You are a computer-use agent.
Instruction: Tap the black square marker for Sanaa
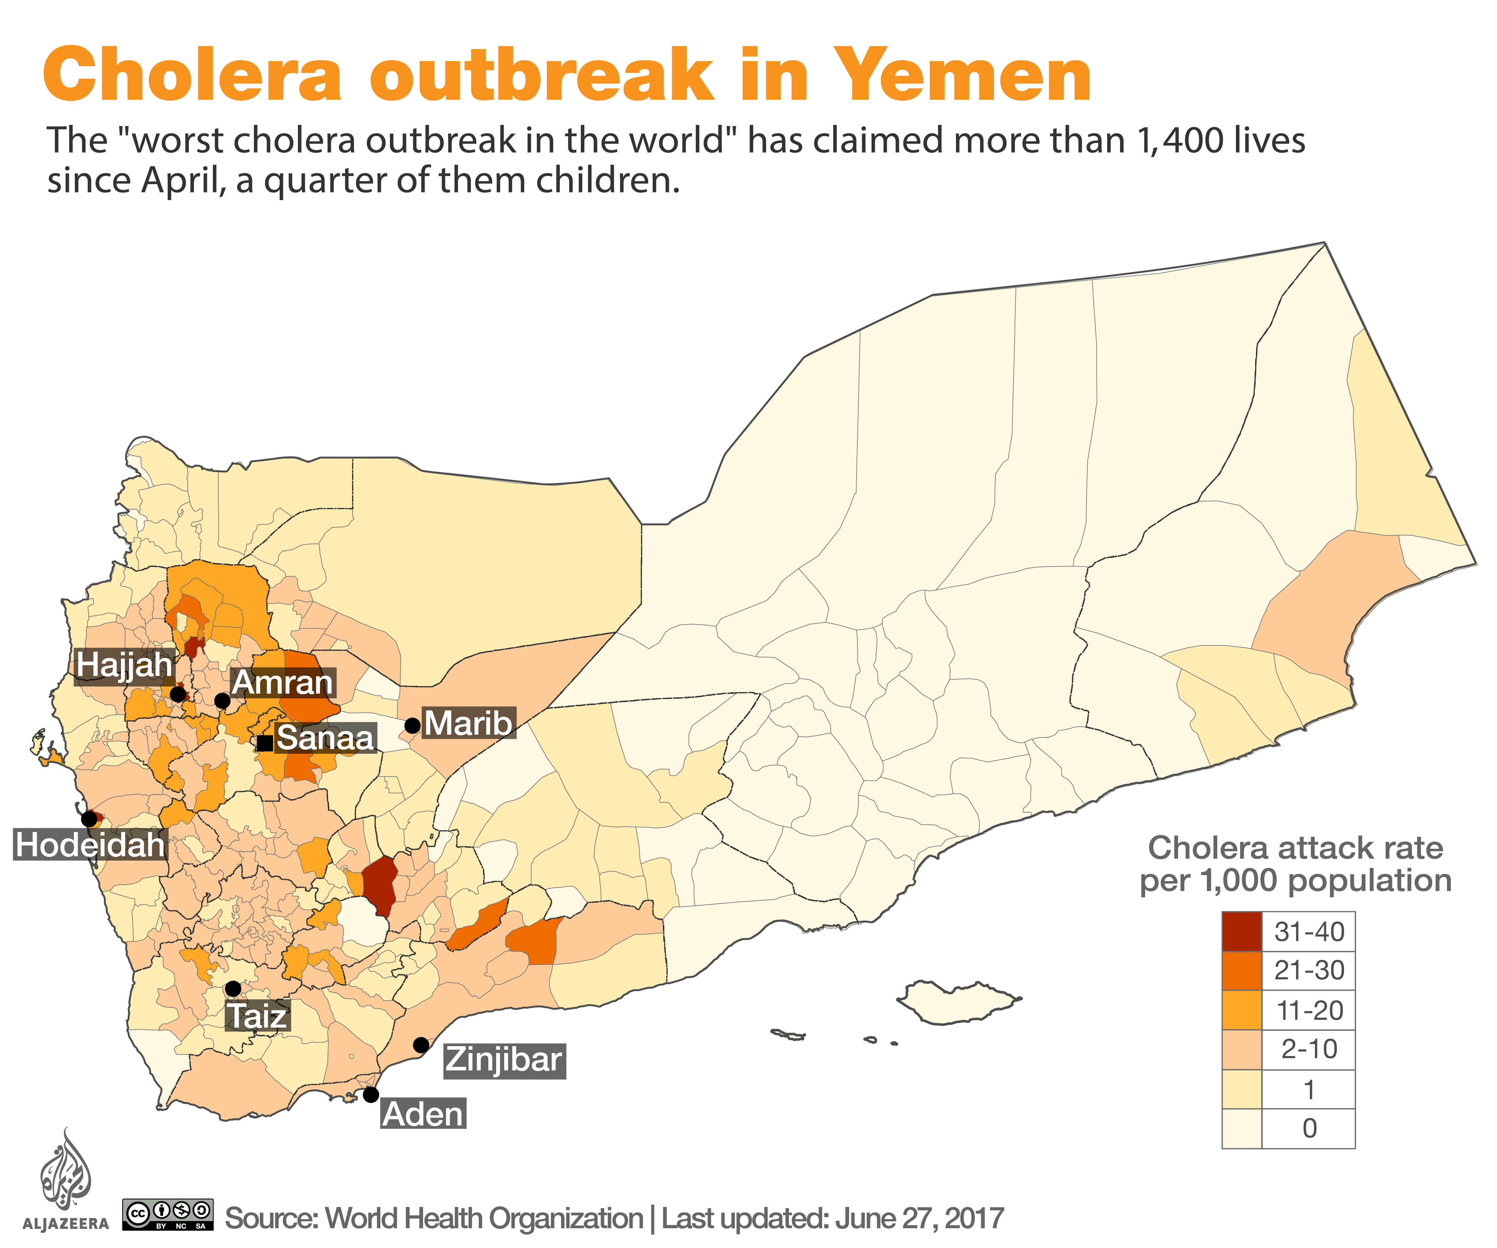pos(264,742)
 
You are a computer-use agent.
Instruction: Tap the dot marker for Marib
pos(412,726)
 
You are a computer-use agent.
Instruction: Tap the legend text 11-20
pos(1309,1010)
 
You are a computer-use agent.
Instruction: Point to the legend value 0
pos(1309,1128)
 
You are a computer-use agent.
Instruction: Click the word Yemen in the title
pos(962,75)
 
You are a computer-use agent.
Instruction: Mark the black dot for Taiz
pos(233,988)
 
